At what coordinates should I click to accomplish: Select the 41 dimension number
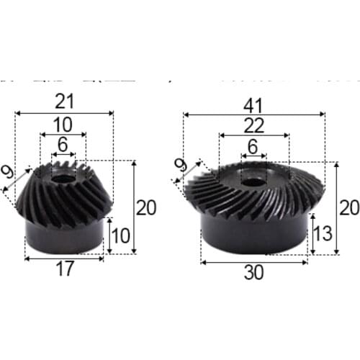pos(254,103)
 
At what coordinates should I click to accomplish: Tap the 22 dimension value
pos(253,125)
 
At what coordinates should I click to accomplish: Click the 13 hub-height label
pos(323,233)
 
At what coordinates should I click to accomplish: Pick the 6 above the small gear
pos(63,145)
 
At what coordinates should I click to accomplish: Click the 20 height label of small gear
pos(146,208)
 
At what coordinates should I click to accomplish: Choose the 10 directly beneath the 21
pos(63,123)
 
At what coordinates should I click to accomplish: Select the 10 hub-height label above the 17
pos(121,236)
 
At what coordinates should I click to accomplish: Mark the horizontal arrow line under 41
pos(254,114)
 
